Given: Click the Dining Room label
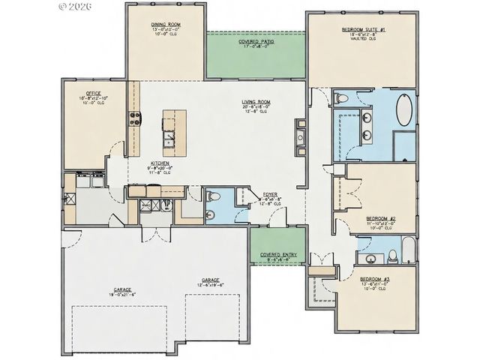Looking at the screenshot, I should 166,23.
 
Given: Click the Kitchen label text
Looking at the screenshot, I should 158,163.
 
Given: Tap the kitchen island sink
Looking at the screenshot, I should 170,136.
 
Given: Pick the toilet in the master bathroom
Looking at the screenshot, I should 341,98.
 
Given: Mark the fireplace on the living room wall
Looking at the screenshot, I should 300,137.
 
